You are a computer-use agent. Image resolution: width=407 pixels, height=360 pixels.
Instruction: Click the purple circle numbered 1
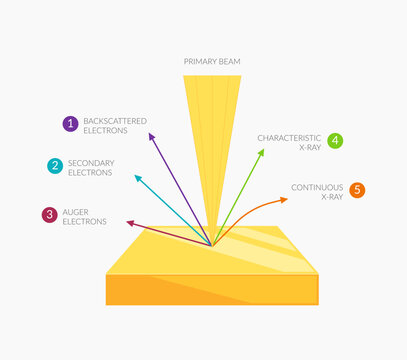point(71,124)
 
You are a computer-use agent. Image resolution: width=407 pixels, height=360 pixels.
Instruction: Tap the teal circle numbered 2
point(55,166)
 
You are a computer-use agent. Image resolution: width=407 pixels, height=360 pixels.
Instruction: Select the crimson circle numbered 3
point(50,215)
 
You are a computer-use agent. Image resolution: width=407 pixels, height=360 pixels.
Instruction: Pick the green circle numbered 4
point(335,141)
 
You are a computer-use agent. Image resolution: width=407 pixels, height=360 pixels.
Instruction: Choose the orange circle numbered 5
point(357,190)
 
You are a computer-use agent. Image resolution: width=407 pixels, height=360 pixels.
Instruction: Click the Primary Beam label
point(212,61)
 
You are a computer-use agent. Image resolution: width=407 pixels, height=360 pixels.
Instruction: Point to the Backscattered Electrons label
point(115,126)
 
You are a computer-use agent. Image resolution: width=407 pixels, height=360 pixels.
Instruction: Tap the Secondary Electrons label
point(91,168)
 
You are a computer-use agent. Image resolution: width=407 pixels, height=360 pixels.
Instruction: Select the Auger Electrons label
point(85,217)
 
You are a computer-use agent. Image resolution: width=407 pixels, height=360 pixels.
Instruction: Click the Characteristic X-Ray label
point(289,143)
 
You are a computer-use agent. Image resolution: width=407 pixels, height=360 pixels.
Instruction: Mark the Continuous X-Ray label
point(317,192)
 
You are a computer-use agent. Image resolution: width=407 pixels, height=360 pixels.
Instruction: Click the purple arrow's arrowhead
point(151,136)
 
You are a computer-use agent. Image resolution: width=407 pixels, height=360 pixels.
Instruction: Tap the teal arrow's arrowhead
point(138,178)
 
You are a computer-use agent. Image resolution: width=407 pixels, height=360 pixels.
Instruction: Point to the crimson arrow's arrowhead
point(130,223)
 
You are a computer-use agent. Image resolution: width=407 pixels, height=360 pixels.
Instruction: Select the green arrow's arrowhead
point(261,152)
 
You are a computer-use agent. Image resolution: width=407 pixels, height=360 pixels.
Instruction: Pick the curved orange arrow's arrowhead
point(284,200)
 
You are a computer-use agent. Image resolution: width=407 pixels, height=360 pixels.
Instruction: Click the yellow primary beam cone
point(212,140)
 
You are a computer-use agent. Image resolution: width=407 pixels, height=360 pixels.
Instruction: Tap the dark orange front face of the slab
point(212,289)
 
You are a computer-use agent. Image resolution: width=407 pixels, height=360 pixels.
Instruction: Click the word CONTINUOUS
point(317,188)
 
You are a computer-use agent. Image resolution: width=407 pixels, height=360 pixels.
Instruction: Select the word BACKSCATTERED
point(115,121)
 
